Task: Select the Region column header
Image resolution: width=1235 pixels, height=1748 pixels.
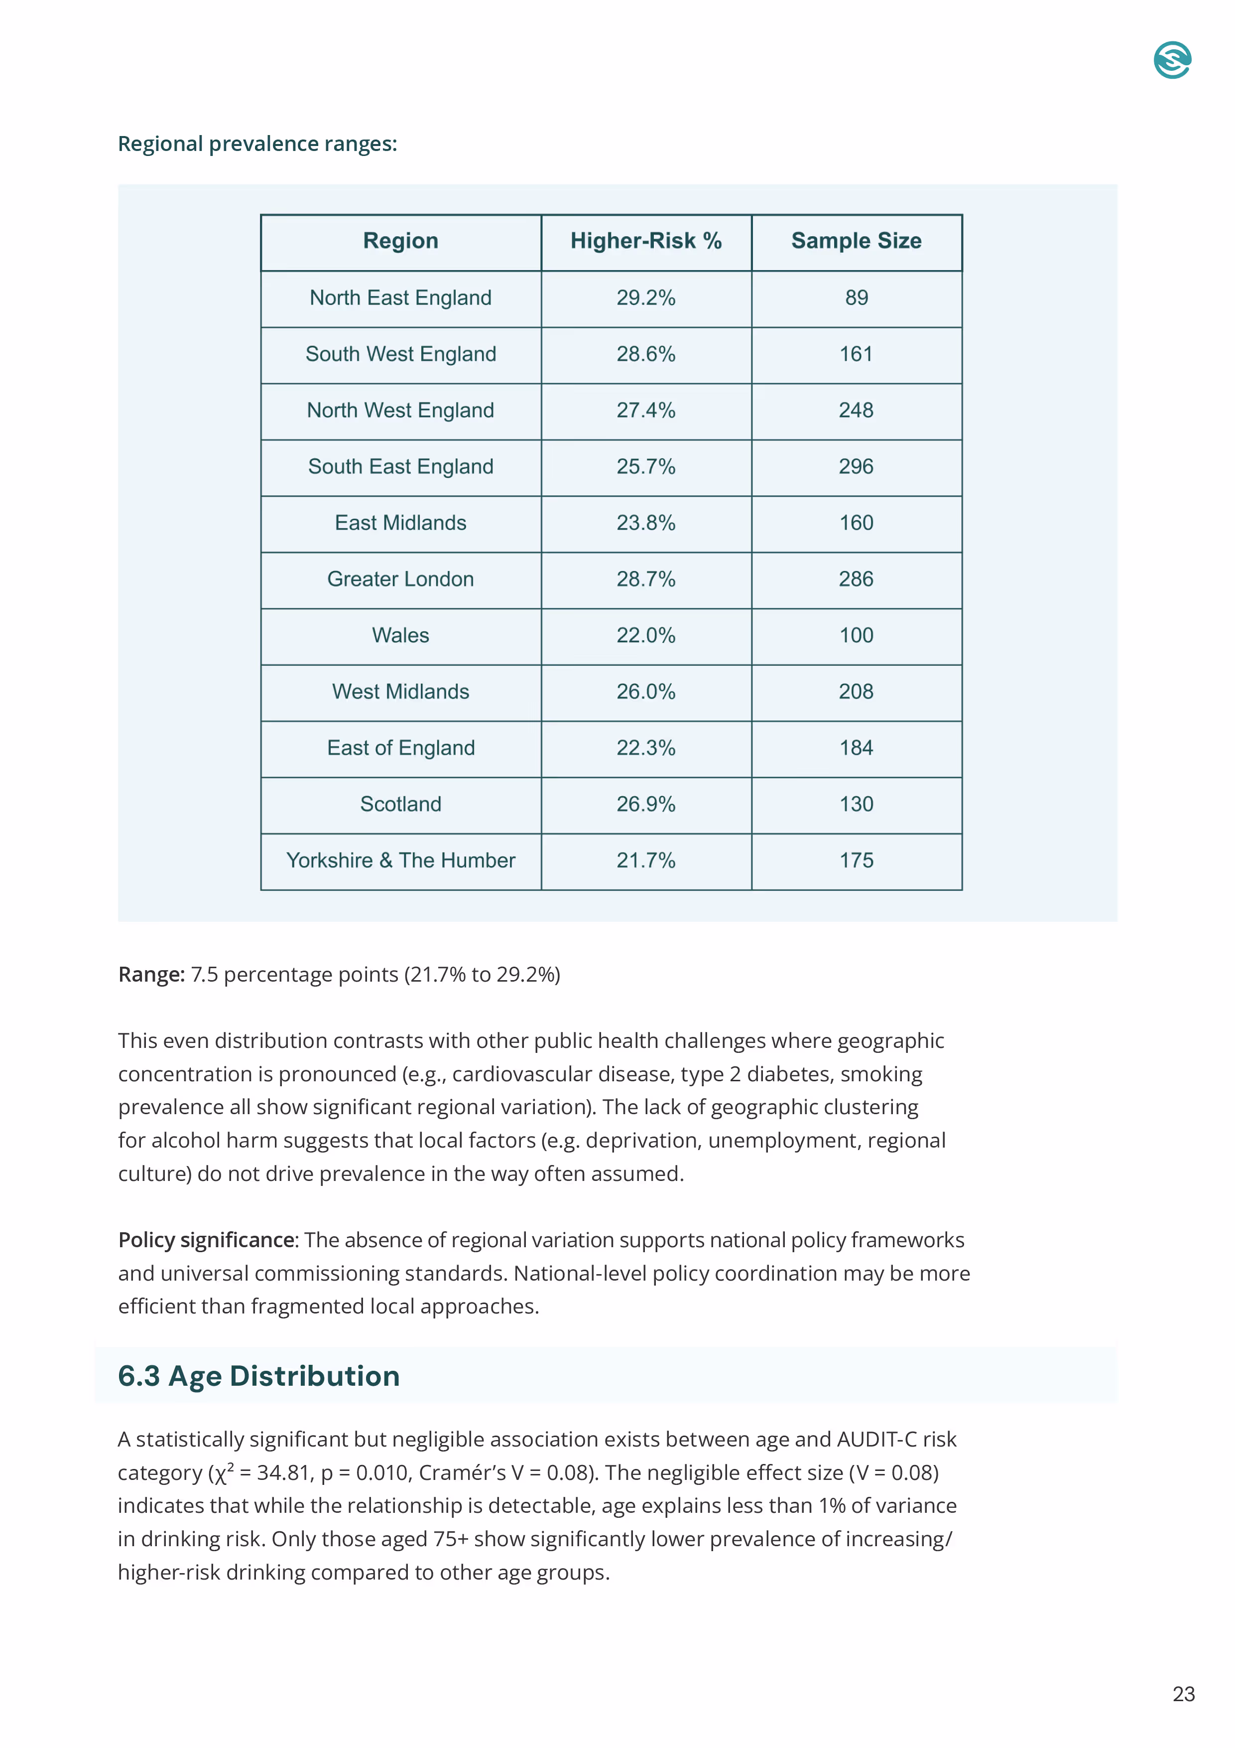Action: click(400, 241)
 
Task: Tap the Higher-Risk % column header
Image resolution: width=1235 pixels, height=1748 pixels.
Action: click(645, 241)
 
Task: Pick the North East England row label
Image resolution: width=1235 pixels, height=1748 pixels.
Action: click(400, 297)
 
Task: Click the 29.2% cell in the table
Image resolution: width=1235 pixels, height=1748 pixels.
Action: click(645, 297)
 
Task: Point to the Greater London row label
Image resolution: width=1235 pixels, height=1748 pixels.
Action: click(400, 580)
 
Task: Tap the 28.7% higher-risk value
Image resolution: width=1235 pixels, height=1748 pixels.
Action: click(645, 580)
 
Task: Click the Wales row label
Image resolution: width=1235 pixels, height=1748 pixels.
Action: click(400, 636)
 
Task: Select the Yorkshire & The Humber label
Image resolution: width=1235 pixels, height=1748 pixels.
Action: click(400, 861)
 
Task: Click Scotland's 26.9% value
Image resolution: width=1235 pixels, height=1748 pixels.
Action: click(645, 805)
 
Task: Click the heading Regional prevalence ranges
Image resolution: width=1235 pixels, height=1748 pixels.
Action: click(257, 144)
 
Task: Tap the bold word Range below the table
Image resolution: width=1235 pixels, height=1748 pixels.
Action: click(151, 975)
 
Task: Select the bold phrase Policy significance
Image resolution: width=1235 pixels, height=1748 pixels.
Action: click(206, 1240)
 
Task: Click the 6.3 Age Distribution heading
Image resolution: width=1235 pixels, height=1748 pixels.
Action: click(259, 1376)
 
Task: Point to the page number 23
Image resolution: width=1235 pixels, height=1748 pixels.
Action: click(1183, 1694)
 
